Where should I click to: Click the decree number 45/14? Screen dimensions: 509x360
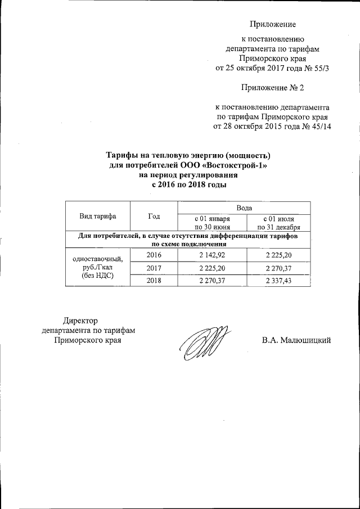pos(319,127)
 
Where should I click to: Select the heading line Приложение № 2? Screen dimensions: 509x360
pos(272,88)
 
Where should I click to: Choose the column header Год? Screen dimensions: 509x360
pos(154,217)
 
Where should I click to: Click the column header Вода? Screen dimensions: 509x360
pos(245,208)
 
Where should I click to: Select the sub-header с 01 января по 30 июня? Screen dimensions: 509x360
pos(212,222)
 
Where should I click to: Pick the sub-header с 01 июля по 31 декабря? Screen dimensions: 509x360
pos(278,222)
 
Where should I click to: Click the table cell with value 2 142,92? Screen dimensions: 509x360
pos(212,255)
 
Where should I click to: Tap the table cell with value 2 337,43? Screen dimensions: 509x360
pos(278,281)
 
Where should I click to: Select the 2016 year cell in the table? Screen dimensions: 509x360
pos(154,255)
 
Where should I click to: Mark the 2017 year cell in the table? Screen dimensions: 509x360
pos(154,268)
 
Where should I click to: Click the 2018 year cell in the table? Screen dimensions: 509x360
pos(154,281)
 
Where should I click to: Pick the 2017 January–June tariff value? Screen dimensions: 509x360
pos(212,268)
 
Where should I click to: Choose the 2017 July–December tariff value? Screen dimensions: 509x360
pos(278,268)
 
